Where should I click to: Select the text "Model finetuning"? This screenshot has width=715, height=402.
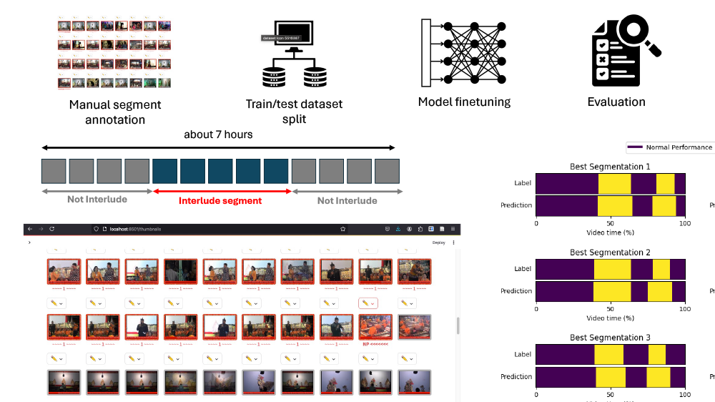(x=464, y=102)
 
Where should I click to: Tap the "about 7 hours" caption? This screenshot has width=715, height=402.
(x=218, y=134)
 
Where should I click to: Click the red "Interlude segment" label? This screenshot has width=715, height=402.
(x=220, y=201)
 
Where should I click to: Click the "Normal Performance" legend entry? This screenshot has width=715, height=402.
(x=679, y=147)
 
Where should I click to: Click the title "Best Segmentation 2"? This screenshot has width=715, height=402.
(x=610, y=253)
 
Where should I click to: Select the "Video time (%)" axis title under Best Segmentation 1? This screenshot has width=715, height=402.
(x=610, y=232)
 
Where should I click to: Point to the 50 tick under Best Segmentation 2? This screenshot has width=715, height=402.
(x=610, y=308)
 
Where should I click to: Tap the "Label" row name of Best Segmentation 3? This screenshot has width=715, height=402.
(x=522, y=355)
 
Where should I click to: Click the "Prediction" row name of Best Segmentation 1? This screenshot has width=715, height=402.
(x=516, y=205)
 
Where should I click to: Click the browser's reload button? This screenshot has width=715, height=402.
(x=52, y=229)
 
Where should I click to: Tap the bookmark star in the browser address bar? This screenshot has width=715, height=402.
(x=343, y=229)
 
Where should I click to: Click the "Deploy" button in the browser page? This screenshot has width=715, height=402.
(x=438, y=242)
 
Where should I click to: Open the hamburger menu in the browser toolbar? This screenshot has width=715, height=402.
(x=453, y=229)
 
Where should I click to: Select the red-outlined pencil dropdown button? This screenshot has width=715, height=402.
(x=368, y=303)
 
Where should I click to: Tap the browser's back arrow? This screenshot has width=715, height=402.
(x=29, y=229)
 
